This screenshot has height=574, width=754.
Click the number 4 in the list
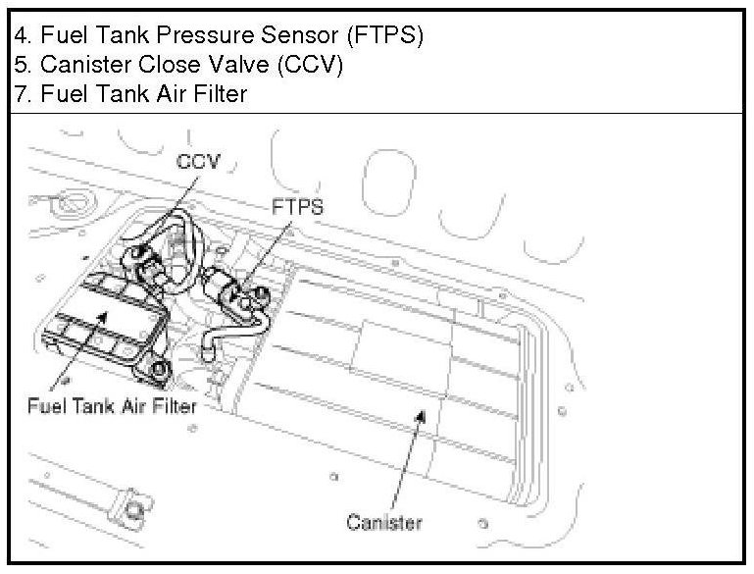tap(21, 35)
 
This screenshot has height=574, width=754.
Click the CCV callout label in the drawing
tap(198, 160)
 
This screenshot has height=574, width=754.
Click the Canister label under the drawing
tap(383, 521)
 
